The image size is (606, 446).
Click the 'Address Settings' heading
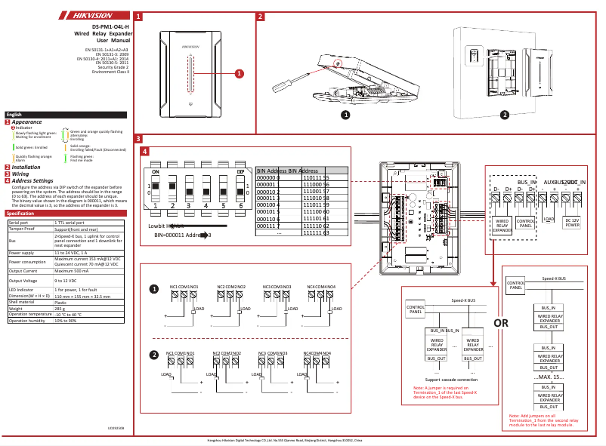click(x=32, y=181)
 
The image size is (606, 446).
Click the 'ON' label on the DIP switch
click(x=156, y=172)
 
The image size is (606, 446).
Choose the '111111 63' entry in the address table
click(x=316, y=233)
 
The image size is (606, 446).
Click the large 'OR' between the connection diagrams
click(x=501, y=323)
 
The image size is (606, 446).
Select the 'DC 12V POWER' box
click(x=572, y=223)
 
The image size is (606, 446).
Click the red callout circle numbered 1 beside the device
click(x=240, y=73)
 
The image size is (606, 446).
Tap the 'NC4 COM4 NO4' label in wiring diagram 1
click(x=322, y=287)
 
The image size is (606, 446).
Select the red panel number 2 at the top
click(x=260, y=16)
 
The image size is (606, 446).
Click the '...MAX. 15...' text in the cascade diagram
click(x=549, y=377)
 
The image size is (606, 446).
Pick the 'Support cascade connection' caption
click(x=451, y=380)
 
